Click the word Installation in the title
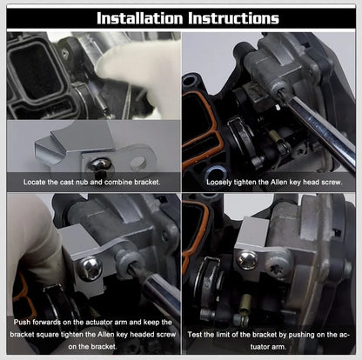click(x=139, y=17)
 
